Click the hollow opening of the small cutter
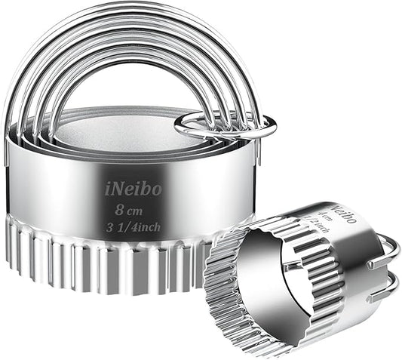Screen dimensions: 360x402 point(260,279)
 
